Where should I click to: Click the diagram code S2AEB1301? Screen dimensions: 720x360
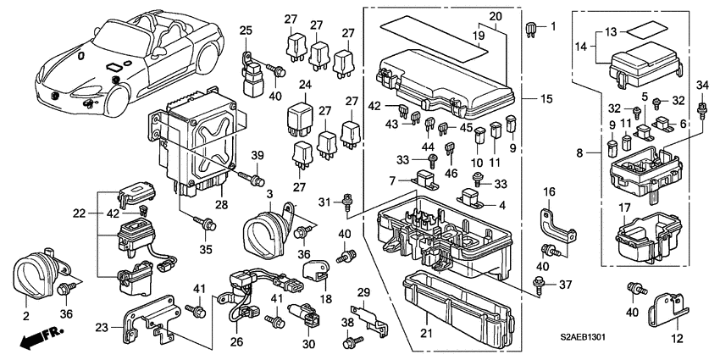click(x=582, y=336)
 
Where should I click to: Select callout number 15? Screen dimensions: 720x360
click(x=546, y=99)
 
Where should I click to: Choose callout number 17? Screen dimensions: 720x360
click(x=624, y=208)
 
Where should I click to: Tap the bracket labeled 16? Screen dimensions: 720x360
click(x=556, y=226)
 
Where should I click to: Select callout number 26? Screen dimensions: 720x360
click(x=237, y=342)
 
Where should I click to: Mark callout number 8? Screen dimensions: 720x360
click(x=579, y=153)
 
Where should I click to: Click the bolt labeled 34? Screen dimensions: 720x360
click(x=701, y=111)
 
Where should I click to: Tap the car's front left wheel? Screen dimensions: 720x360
click(x=118, y=101)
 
